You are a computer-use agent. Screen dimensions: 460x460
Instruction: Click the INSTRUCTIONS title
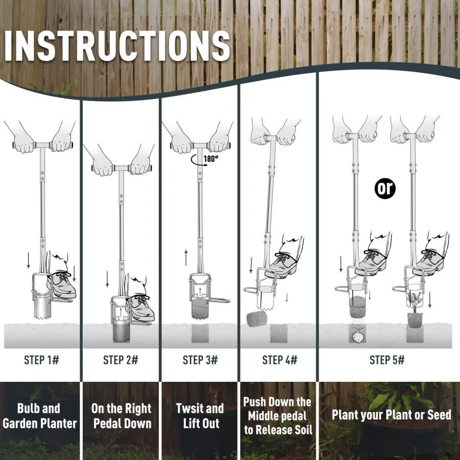point(117,45)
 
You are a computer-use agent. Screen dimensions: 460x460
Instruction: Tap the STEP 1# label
point(42,360)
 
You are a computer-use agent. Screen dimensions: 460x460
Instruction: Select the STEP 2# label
point(121,360)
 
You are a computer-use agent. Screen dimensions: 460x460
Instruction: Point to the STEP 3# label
point(200,360)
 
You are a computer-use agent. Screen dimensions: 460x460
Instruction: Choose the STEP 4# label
point(280,360)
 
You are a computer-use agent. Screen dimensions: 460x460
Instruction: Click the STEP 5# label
point(387,360)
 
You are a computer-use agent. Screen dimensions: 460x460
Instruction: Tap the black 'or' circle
point(385,189)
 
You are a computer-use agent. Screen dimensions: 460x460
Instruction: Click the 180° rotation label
point(211,159)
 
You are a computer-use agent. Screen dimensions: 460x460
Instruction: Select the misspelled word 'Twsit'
point(188,408)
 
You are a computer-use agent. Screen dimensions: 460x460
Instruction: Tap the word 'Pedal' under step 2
point(108,423)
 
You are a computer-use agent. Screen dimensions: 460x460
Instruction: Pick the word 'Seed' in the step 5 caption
point(439,415)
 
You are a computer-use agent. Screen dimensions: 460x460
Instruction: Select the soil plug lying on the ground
point(257,319)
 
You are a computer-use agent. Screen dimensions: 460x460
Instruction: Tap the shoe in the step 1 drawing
point(62,285)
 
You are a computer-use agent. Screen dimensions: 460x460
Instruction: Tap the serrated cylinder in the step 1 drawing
point(42,308)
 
